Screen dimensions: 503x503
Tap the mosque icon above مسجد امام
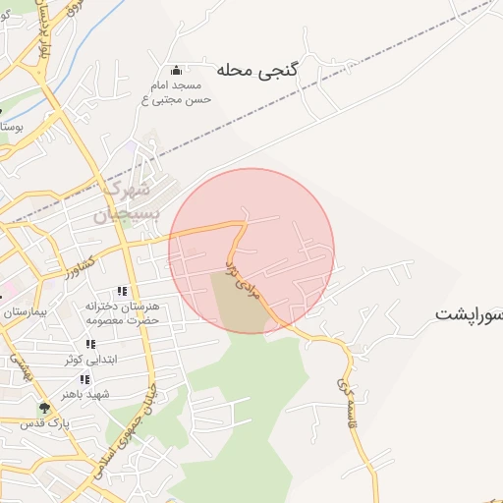(x=176, y=70)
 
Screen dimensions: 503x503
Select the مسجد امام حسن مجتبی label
(x=174, y=92)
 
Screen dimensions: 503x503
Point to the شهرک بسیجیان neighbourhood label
(x=125, y=199)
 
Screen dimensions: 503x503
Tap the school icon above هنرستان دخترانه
(x=122, y=291)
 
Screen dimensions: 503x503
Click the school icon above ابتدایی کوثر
(x=90, y=344)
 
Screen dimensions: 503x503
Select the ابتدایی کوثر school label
(x=90, y=360)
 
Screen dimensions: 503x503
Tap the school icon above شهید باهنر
(x=84, y=379)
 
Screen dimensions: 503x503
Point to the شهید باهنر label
(x=84, y=394)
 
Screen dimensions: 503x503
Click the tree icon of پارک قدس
(x=43, y=408)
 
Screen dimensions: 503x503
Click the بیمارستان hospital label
(x=22, y=312)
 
